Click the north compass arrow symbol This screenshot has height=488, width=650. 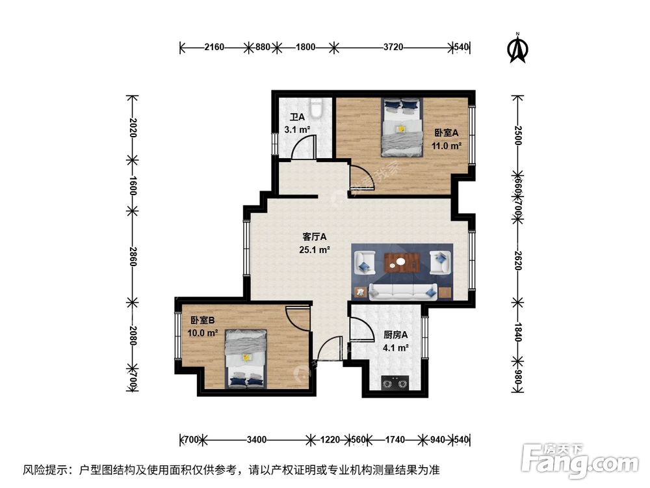click(517, 49)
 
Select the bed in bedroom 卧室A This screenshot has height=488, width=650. click(402, 128)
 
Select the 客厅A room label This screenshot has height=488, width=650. click(314, 237)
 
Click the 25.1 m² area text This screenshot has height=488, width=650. click(315, 249)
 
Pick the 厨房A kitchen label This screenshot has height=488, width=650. click(395, 336)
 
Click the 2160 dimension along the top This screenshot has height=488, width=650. click(214, 47)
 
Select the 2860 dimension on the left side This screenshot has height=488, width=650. click(133, 257)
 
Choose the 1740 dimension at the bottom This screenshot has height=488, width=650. click(394, 440)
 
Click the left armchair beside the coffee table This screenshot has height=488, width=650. click(364, 263)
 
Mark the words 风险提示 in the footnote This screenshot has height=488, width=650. click(45, 469)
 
